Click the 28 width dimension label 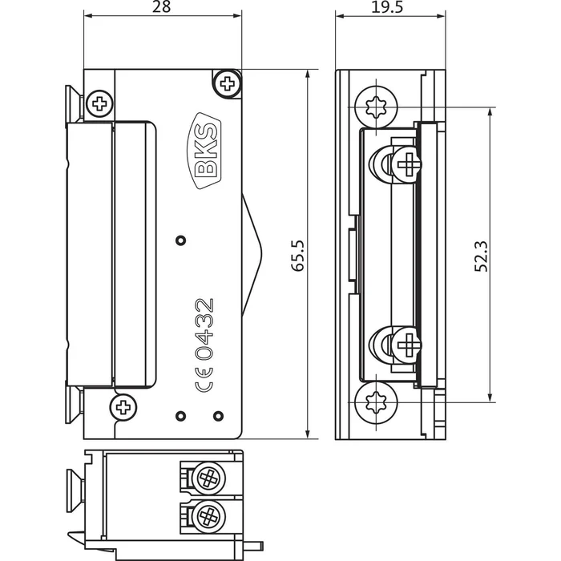161,7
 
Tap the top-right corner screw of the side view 228,82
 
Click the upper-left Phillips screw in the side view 100,103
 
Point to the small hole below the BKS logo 180,240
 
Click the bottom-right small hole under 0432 219,415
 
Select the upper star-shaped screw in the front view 376,107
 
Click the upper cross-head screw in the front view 409,165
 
